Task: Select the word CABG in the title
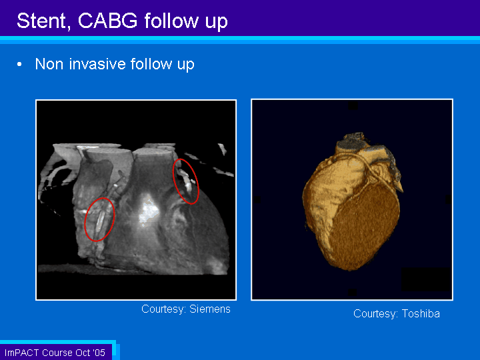pos(108,21)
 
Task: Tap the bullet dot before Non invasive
pos(19,64)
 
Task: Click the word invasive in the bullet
pos(97,64)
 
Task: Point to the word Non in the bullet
pos(49,64)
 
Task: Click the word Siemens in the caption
pos(210,309)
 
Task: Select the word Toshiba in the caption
pos(421,313)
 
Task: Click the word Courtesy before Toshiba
pos(375,314)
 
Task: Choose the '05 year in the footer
pos(99,353)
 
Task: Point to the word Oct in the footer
pos(83,353)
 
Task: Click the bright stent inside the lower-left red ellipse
pos(99,221)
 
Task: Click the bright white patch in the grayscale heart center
pos(149,211)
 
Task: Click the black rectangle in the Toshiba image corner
pos(426,279)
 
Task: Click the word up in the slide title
pos(217,22)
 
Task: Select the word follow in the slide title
pos(171,21)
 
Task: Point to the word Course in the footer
pos(57,353)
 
